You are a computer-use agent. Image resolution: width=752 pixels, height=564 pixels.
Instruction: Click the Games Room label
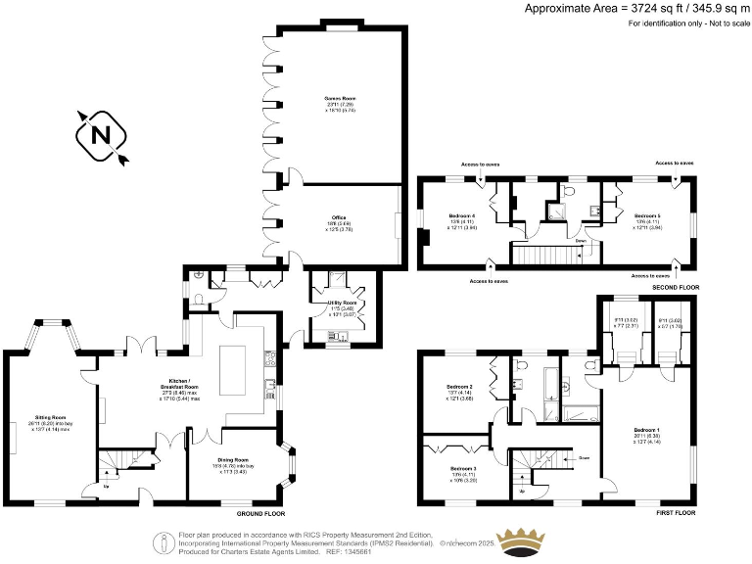click(x=340, y=99)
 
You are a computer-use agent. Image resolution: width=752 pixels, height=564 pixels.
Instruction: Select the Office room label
click(x=339, y=217)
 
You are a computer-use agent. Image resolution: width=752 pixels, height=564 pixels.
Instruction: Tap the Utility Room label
click(x=342, y=304)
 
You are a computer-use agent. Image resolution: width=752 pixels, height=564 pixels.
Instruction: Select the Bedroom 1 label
click(x=646, y=431)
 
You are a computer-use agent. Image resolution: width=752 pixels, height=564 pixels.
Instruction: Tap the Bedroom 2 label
click(x=460, y=387)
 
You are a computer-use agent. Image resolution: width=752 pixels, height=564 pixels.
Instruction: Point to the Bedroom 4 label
click(x=462, y=215)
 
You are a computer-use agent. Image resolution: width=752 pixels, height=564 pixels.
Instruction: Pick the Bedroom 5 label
click(x=646, y=215)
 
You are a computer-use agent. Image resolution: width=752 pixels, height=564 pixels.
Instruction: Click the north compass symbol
click(x=101, y=136)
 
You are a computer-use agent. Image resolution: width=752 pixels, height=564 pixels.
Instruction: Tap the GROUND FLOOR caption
click(x=260, y=513)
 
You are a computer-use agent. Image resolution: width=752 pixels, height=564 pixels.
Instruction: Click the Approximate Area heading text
click(x=637, y=8)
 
